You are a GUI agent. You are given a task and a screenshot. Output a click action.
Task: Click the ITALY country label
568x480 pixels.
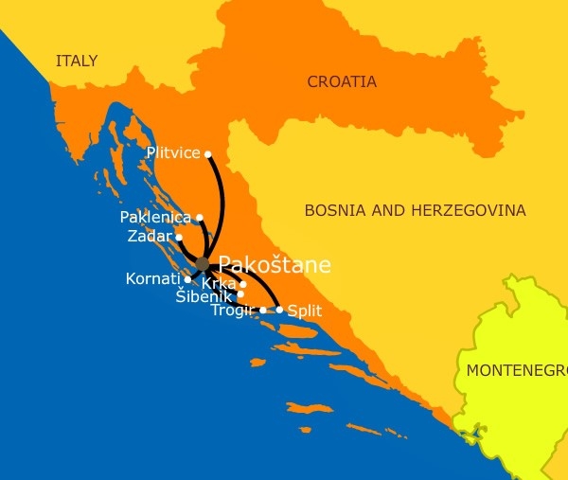click(77, 62)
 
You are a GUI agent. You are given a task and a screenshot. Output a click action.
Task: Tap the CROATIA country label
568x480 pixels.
click(342, 82)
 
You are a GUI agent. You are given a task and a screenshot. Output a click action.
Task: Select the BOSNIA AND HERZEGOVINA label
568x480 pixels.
click(415, 210)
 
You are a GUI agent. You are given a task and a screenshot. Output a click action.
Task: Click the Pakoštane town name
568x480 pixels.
click(275, 265)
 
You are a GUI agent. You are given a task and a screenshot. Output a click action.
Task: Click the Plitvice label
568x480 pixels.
click(173, 152)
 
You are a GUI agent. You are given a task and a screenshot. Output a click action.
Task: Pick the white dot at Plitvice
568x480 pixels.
click(208, 154)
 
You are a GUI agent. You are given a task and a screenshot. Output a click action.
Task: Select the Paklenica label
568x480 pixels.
click(155, 218)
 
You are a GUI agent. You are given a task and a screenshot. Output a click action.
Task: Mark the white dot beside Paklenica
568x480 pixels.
click(199, 218)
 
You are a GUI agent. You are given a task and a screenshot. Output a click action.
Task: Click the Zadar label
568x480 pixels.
click(150, 236)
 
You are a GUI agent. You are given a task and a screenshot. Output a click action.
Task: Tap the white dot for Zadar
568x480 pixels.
click(179, 237)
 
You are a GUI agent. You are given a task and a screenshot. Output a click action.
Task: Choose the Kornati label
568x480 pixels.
click(152, 279)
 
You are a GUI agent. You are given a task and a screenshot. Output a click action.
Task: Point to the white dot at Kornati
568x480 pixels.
click(187, 279)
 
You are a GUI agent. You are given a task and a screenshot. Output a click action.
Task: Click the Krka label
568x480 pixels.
click(219, 284)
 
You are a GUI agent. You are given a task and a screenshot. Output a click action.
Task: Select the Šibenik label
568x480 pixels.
click(204, 296)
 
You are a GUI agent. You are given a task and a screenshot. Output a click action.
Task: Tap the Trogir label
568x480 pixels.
click(233, 310)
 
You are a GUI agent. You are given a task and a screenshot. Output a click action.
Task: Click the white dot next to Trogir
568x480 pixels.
click(263, 310)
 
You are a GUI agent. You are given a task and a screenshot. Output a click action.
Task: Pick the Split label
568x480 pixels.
click(304, 310)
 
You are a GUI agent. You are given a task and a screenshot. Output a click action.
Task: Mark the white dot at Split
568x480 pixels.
click(279, 310)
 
